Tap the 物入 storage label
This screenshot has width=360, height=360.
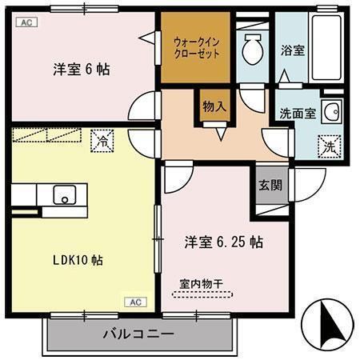(x=214, y=105)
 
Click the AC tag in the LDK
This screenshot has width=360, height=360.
(x=135, y=302)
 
